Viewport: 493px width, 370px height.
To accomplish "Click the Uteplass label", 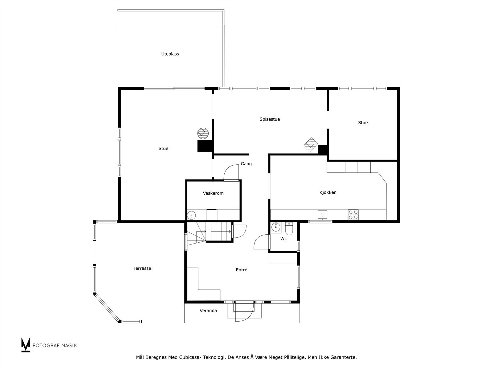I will pos(170,54).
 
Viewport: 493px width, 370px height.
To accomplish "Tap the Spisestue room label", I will pos(270,119).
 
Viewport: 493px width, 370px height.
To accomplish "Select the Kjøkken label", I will pos(328,192).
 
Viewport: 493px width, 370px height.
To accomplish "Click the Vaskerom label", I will pos(213,193).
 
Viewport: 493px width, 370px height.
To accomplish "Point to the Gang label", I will pos(246,164).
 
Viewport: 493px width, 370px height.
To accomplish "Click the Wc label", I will pos(283,239).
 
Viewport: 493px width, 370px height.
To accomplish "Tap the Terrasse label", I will pos(142,268).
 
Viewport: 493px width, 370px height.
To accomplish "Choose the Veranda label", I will pos(208,310).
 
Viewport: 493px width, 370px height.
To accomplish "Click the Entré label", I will pos(242,270).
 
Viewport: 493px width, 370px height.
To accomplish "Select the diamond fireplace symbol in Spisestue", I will pos(311,145).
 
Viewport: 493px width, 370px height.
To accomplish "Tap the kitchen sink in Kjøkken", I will pos(323,214).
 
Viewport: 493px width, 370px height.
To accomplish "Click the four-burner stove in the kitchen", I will pos(353,215).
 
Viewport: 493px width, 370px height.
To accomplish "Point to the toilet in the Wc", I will pos(289,229).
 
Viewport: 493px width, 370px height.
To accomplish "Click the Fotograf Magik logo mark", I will pos(26,345).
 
